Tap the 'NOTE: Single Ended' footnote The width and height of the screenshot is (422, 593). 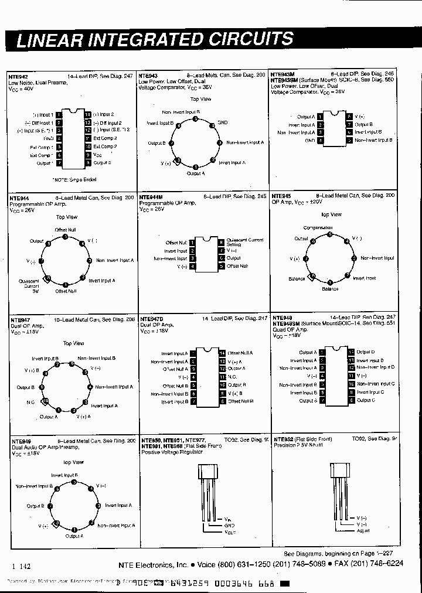click(x=74, y=179)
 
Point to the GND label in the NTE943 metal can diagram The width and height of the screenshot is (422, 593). click(x=223, y=123)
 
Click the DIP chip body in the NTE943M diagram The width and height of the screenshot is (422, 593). click(x=332, y=128)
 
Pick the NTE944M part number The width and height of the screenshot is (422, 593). click(x=152, y=197)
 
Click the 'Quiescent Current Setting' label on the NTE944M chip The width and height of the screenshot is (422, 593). click(x=245, y=242)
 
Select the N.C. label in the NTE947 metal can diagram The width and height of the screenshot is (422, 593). click(x=30, y=402)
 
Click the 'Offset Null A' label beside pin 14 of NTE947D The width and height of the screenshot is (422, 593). click(x=240, y=353)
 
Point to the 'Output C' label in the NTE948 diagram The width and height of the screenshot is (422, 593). click(x=366, y=400)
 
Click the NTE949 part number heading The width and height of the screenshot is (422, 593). click(x=21, y=440)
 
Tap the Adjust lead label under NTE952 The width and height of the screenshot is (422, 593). click(x=363, y=531)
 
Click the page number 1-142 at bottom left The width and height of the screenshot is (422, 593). click(x=21, y=566)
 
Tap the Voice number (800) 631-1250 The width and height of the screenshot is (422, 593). click(x=254, y=564)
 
